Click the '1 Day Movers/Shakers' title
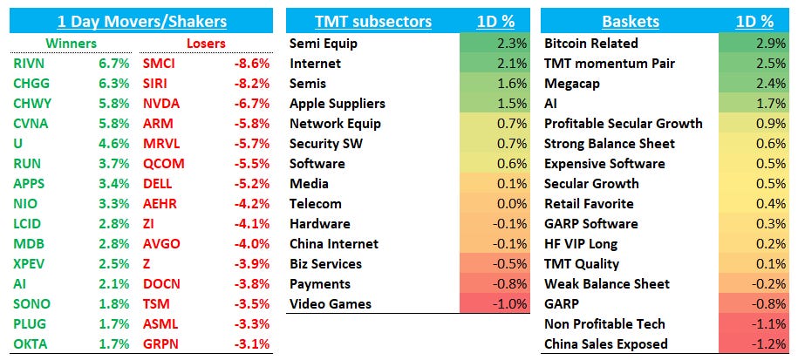point(141,22)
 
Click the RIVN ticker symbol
point(30,63)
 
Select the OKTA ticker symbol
point(31,343)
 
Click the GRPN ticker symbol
point(161,343)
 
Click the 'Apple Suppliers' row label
point(337,103)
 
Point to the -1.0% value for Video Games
point(508,303)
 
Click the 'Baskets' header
point(630,22)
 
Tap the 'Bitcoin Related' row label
point(590,43)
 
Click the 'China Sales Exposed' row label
point(605,343)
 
